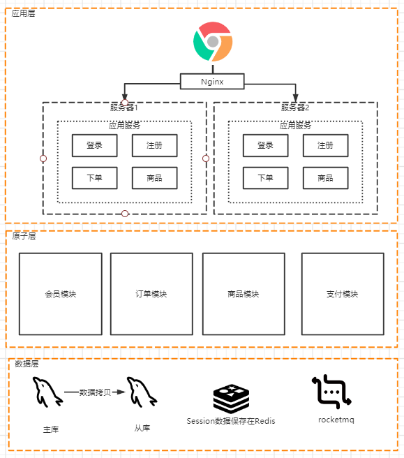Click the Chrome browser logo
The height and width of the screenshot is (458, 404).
click(x=213, y=42)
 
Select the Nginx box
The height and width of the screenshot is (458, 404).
click(x=212, y=82)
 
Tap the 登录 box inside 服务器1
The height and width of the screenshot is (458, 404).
click(x=94, y=145)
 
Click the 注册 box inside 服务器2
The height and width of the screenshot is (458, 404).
click(x=325, y=145)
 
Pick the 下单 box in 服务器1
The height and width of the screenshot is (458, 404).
click(x=94, y=178)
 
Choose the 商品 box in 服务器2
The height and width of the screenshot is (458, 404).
click(x=325, y=178)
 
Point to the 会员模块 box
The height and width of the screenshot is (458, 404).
click(x=60, y=294)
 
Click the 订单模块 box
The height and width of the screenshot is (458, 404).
click(x=151, y=294)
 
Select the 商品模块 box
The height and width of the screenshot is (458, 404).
click(x=244, y=294)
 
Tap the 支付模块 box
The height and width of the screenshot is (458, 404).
click(x=343, y=294)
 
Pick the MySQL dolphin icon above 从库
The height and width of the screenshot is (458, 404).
click(x=142, y=392)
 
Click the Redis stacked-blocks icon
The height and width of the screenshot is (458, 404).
click(x=231, y=398)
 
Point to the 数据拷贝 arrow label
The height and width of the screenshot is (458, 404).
click(x=94, y=392)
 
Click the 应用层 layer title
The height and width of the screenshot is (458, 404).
click(x=24, y=14)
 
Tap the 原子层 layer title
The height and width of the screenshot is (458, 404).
click(x=24, y=236)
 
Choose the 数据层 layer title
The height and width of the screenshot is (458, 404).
click(x=27, y=364)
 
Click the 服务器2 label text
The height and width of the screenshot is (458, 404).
click(x=295, y=108)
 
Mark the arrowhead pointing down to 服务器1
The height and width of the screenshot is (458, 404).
click(x=125, y=98)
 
